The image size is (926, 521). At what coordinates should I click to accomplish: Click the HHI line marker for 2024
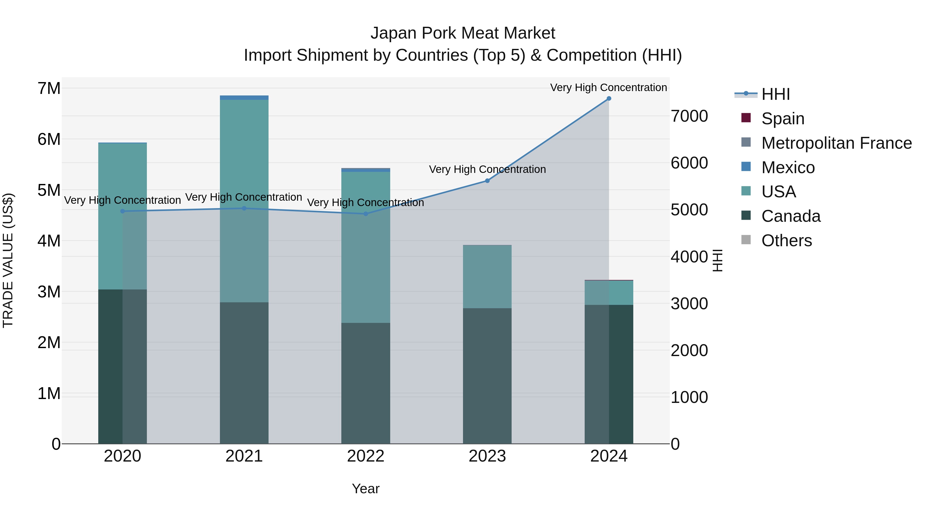pos(609,99)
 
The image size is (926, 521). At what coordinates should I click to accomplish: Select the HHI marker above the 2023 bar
pos(487,181)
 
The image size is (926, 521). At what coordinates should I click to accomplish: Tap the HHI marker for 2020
pos(123,211)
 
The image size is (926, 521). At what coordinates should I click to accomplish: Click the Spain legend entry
pos(782,119)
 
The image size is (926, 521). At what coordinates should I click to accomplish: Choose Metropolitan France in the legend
pos(836,143)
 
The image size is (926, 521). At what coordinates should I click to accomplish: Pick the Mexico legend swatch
pos(746,167)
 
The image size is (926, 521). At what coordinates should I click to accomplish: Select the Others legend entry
pos(786,241)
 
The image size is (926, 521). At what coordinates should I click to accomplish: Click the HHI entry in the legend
pos(775,94)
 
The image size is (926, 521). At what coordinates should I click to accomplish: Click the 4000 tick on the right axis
pos(689,257)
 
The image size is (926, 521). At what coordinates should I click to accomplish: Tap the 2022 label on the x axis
pos(366,456)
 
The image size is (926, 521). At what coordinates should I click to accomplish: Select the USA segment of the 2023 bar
pos(487,277)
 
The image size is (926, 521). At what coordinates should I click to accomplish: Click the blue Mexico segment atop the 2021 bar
pos(244,98)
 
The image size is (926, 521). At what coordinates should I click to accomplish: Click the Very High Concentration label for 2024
pos(608,88)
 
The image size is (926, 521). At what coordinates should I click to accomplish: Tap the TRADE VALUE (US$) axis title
pos(8,260)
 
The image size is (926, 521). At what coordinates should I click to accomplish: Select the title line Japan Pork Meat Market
pos(463,33)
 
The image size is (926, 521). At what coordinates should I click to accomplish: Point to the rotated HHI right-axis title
pos(717,260)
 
